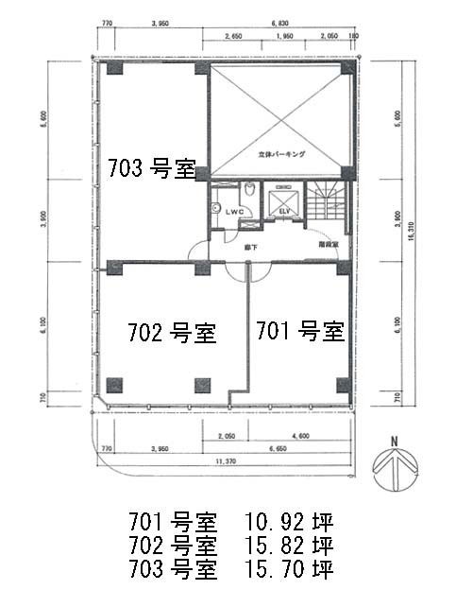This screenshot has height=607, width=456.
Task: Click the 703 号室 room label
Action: click(x=150, y=170)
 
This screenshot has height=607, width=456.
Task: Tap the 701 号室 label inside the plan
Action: click(x=299, y=331)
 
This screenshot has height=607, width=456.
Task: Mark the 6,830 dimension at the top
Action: click(x=279, y=21)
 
